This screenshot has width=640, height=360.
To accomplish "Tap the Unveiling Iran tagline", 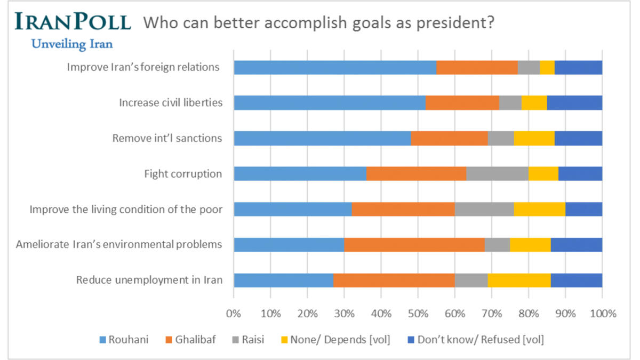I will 72,44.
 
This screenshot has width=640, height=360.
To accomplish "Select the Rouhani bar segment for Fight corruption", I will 300,174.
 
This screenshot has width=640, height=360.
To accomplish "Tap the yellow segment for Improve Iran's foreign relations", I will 547,67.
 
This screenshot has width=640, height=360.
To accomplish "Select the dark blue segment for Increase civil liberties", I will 574,103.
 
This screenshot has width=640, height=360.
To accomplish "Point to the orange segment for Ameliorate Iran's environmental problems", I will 414,245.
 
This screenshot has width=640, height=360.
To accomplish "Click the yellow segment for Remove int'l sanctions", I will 534,138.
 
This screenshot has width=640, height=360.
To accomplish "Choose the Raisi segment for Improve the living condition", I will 484,210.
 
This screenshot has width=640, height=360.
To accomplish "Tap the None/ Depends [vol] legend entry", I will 334,340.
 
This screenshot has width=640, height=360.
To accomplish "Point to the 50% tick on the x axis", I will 418,314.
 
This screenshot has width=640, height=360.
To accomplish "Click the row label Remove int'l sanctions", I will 167,138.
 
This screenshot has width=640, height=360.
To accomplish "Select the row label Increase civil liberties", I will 171,103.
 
